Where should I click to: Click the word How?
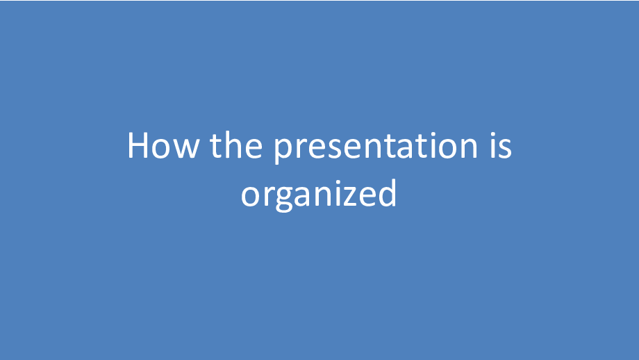[x=163, y=145]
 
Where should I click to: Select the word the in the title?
[x=236, y=145]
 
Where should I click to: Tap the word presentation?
[x=375, y=147]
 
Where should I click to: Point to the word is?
[x=501, y=145]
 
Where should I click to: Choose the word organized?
[x=319, y=195]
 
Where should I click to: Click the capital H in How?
[x=138, y=145]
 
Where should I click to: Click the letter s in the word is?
[x=504, y=149]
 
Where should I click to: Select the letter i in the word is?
[x=492, y=145]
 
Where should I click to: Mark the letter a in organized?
[x=305, y=197]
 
